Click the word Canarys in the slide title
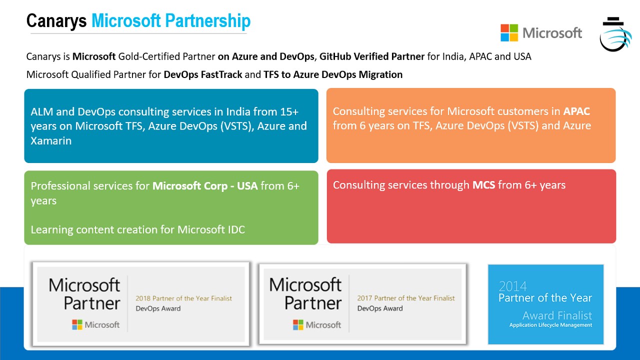56,20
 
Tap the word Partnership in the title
207,21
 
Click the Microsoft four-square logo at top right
509,33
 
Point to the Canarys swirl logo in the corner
615,35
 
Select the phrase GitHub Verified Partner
372,56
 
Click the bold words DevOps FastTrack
203,74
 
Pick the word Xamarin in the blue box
51,141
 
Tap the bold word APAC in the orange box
576,111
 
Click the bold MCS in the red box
483,185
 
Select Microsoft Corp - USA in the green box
205,186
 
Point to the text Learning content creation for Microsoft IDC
137,229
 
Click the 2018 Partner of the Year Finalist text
183,298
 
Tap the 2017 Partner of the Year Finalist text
405,298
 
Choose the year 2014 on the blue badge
513,286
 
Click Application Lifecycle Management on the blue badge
550,325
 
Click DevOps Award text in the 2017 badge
380,308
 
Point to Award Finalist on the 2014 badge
557,315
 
